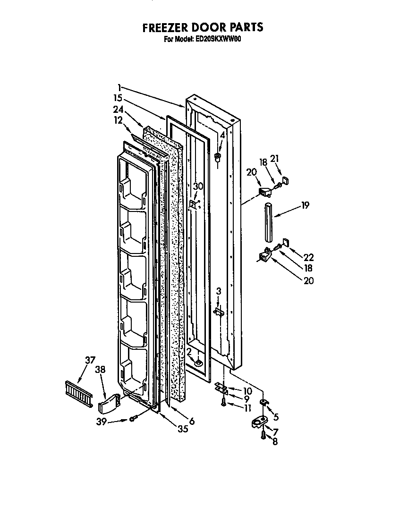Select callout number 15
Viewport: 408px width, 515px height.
click(x=118, y=99)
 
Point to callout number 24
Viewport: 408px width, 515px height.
click(x=119, y=110)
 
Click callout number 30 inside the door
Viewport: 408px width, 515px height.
click(x=198, y=186)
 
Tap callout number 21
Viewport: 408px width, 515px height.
click(x=274, y=159)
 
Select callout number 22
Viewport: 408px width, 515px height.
click(x=308, y=257)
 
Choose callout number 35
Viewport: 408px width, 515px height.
click(x=182, y=429)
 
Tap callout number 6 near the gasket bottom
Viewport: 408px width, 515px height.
click(x=192, y=421)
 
